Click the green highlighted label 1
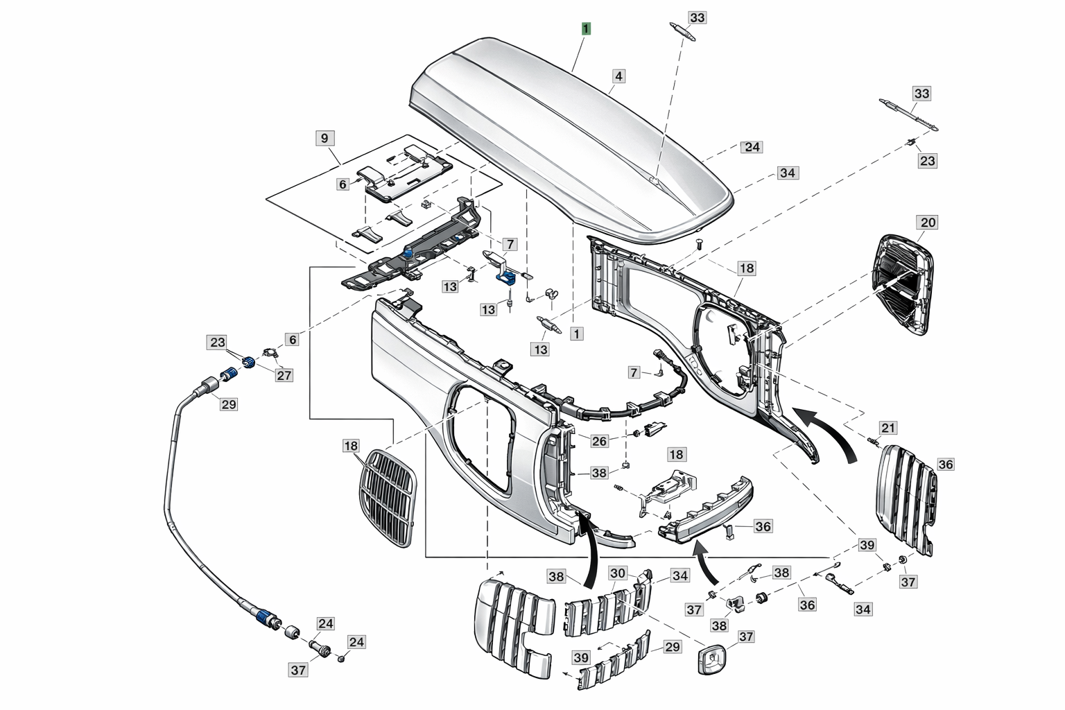pyautogui.click(x=587, y=29)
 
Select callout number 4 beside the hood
pyautogui.click(x=618, y=76)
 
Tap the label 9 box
pyautogui.click(x=324, y=137)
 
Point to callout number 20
pyautogui.click(x=927, y=223)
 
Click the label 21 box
pyautogui.click(x=888, y=428)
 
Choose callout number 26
pyautogui.click(x=599, y=440)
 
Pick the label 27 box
pyautogui.click(x=284, y=375)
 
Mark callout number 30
pyautogui.click(x=618, y=573)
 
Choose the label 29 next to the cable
pyautogui.click(x=228, y=404)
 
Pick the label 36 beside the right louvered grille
pyautogui.click(x=946, y=464)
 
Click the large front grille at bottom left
pyautogui.click(x=513, y=624)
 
